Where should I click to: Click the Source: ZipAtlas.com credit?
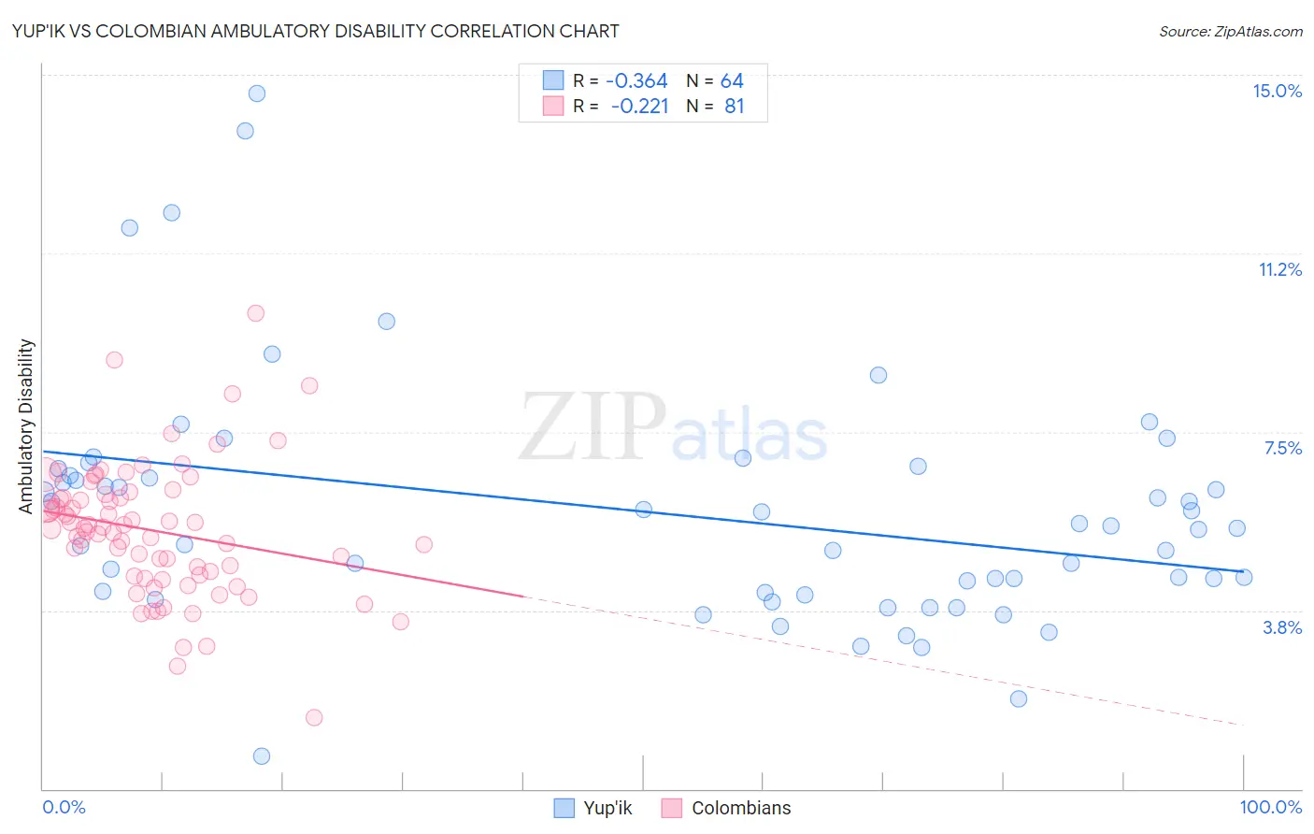tap(1230, 31)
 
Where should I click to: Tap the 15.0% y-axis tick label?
tap(1277, 91)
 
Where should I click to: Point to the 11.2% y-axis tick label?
tap(1279, 269)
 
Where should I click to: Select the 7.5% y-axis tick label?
tap(1282, 448)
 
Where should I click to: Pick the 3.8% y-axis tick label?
tap(1282, 627)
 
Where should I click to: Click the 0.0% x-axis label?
tap(64, 807)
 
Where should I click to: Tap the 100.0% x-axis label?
tap(1270, 807)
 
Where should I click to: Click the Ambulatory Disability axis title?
tap(26, 425)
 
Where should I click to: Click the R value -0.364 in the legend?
tap(636, 81)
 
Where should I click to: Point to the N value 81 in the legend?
tap(735, 107)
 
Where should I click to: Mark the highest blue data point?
tap(256, 93)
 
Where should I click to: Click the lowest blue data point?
tap(262, 755)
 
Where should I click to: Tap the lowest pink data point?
tap(314, 717)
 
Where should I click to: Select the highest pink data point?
tap(255, 313)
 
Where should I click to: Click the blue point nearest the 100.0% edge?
tap(1244, 577)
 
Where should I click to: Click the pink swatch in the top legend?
tap(553, 106)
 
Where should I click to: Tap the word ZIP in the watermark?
tap(592, 427)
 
